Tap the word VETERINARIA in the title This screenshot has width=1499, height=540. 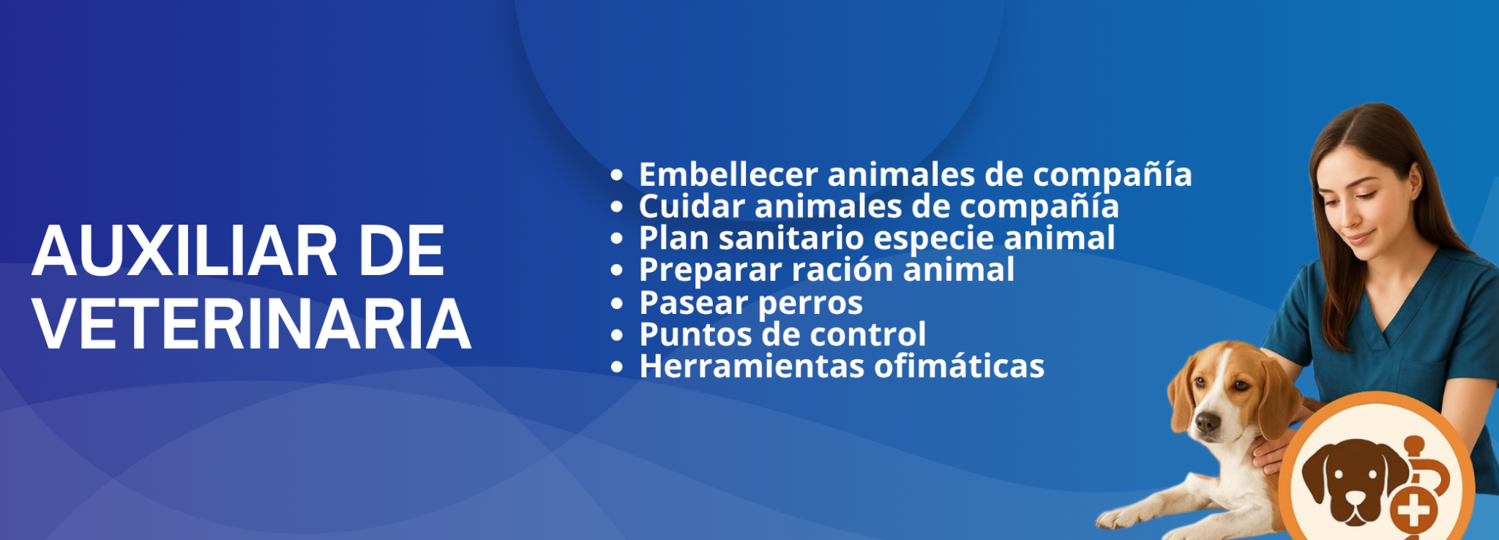pyautogui.click(x=252, y=324)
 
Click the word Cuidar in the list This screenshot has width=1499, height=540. pyautogui.click(x=692, y=206)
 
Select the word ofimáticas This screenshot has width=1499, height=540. pyautogui.click(x=959, y=366)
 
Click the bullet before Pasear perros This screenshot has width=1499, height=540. pyautogui.click(x=617, y=304)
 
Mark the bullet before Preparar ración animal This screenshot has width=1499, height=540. pyautogui.click(x=617, y=271)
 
